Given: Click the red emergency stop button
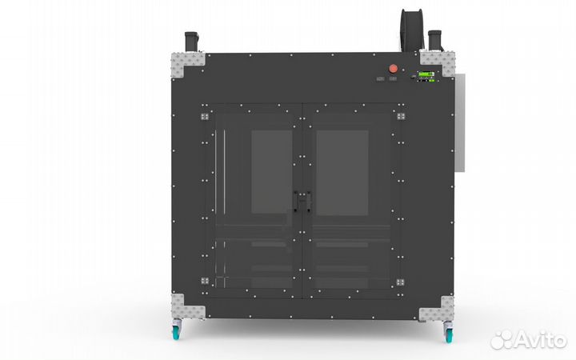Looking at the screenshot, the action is pos(393,68).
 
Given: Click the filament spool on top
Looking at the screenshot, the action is pos(411,30).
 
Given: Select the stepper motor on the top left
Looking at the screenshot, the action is pos(191,42).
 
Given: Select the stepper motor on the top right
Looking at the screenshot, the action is pos(435,40).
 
